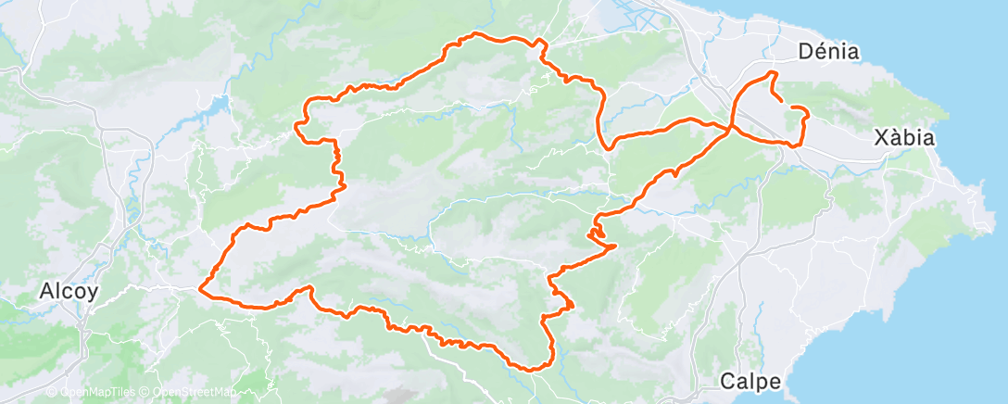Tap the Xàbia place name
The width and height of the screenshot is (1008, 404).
pyautogui.click(x=904, y=138)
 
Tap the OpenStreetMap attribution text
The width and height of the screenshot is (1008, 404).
pyautogui.click(x=194, y=393)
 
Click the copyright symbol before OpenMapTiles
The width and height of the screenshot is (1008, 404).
pyautogui.click(x=51, y=393)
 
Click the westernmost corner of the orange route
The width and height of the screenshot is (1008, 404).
pyautogui.click(x=200, y=292)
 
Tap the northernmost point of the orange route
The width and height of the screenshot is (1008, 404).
pyautogui.click(x=477, y=34)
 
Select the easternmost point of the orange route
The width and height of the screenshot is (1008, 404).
pyautogui.click(x=808, y=114)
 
